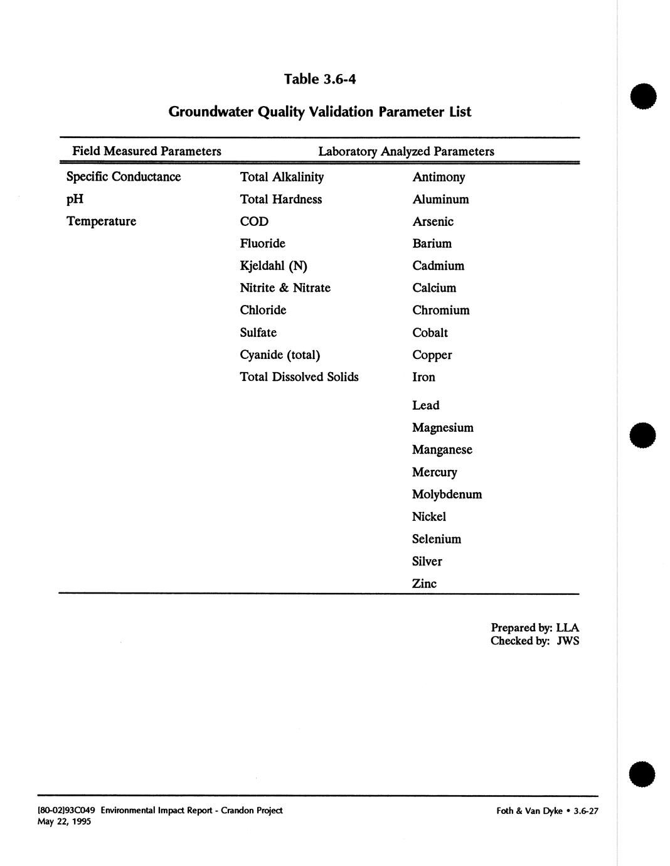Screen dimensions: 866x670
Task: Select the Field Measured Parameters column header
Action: (147, 151)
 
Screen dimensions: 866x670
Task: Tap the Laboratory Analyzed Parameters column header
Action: (406, 151)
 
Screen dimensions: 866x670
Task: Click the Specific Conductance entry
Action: (124, 177)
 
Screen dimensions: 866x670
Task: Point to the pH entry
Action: (75, 199)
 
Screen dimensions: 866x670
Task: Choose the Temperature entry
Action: (101, 222)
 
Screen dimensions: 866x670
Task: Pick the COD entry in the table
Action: (254, 222)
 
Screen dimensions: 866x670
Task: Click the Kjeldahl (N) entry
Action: (274, 266)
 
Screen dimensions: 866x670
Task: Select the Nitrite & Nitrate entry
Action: (285, 288)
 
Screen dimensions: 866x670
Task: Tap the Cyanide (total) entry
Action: (280, 355)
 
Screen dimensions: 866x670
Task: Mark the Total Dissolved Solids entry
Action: (299, 377)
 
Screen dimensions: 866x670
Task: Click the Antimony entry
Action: (439, 177)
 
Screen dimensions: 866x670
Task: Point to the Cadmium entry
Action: (439, 266)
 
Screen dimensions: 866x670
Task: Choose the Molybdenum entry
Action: (447, 494)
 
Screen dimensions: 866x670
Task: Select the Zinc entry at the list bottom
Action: (424, 584)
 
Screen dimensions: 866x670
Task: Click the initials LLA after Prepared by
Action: (567, 628)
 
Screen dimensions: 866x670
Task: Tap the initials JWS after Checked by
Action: (567, 641)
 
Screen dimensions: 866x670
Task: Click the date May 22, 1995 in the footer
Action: (64, 821)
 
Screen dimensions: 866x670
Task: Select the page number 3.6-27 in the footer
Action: (586, 811)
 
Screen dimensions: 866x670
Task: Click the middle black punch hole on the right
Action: (643, 435)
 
